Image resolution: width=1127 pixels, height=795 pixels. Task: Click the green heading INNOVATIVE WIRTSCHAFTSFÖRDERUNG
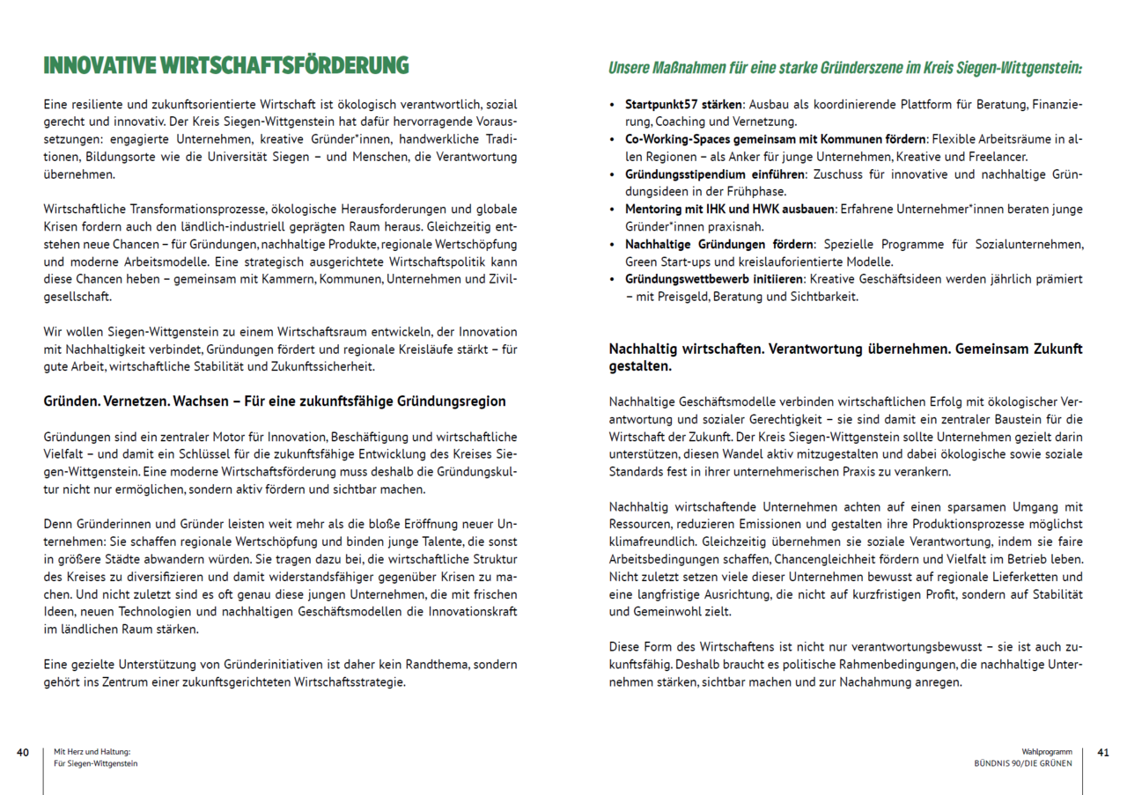[x=226, y=66]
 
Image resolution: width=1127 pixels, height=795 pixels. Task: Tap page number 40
[x=23, y=753]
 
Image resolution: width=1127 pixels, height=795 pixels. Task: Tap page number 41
[x=1103, y=753]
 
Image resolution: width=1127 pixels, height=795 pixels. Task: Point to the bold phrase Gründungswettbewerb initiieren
[x=714, y=279]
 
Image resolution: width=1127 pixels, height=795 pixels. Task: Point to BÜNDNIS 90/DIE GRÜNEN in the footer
[x=1023, y=763]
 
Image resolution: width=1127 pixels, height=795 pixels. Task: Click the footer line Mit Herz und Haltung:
[x=92, y=753]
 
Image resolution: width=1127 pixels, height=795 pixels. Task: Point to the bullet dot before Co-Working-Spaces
[x=613, y=140]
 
